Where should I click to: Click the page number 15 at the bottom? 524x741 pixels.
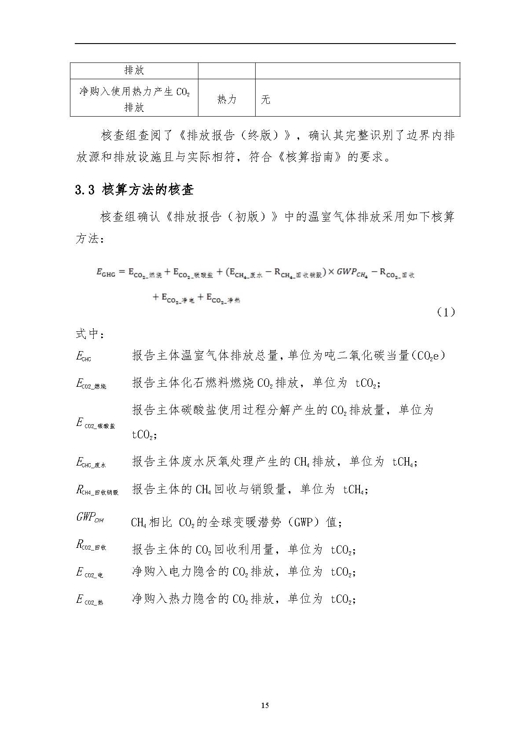(265, 705)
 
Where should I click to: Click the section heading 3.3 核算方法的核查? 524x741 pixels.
(134, 190)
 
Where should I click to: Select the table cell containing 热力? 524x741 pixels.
(227, 99)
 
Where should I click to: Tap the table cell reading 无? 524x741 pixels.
(266, 99)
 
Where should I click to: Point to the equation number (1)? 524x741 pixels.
(446, 312)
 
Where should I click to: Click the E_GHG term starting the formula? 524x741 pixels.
(106, 272)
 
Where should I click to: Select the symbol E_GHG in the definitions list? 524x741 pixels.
(84, 356)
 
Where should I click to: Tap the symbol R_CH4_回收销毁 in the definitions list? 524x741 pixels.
(97, 490)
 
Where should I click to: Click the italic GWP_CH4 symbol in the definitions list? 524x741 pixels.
(90, 518)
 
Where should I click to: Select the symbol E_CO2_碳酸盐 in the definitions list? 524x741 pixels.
(95, 424)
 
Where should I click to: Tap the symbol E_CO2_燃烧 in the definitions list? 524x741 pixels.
(91, 384)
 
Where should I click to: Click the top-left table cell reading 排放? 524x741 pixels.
(134, 70)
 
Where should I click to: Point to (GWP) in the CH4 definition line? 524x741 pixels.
(304, 522)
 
